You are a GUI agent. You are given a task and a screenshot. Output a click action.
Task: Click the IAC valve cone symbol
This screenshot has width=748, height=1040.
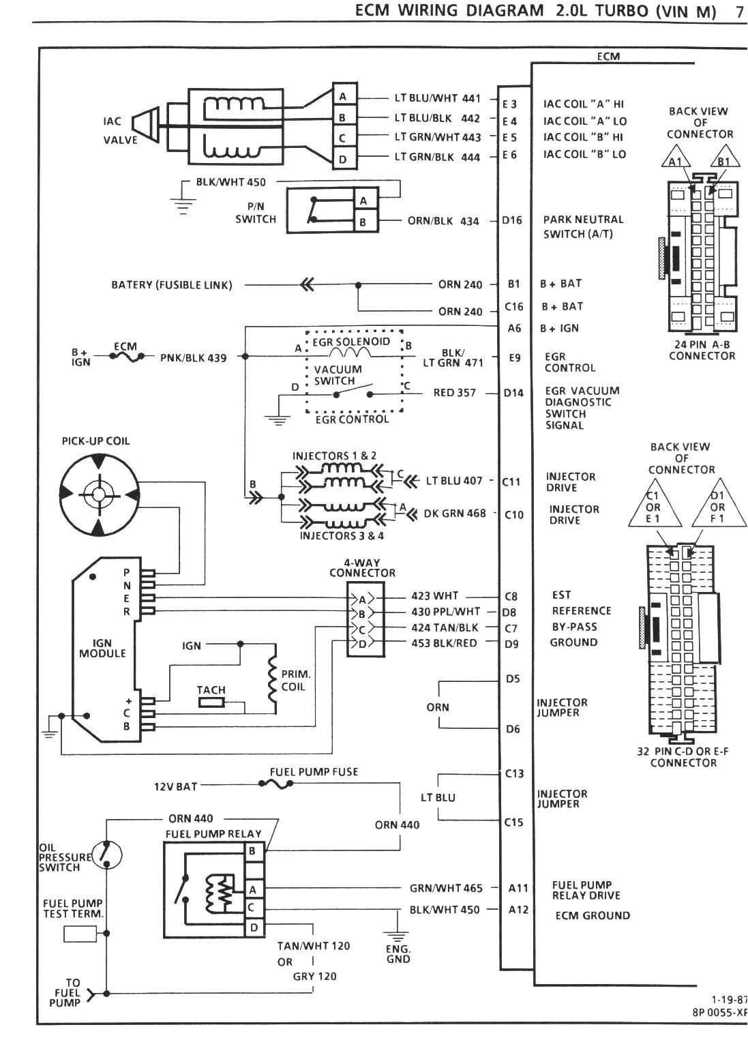point(145,128)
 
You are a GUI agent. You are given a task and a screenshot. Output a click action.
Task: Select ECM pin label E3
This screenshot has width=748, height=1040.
point(509,104)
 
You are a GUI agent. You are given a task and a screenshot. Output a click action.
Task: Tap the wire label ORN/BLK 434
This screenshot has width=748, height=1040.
point(443,221)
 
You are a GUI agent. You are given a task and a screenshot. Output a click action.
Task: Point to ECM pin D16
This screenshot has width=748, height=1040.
point(511,220)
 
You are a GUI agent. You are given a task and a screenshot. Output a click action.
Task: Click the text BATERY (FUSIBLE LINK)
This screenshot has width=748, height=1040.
point(172,284)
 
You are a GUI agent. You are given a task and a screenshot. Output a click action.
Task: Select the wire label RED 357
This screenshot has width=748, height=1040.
point(455,393)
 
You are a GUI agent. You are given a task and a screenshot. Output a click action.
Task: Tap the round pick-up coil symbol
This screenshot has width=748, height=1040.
point(100,493)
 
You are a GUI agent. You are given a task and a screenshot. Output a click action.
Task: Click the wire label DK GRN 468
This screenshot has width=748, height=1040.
point(455,514)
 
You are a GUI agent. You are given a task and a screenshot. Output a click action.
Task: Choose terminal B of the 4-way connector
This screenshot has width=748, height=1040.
point(362,614)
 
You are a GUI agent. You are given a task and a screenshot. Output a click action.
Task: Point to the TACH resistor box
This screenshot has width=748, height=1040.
point(211,702)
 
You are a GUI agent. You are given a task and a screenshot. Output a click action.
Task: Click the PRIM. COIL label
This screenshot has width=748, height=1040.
point(296,680)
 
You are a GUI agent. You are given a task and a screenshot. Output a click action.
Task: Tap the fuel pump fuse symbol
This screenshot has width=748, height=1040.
point(276,785)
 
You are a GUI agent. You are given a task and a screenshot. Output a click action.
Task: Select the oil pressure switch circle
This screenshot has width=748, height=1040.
point(107,853)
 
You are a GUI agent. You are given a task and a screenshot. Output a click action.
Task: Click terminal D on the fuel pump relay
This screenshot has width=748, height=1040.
point(254,927)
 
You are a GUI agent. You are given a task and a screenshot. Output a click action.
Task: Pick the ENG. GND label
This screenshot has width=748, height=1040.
point(398,953)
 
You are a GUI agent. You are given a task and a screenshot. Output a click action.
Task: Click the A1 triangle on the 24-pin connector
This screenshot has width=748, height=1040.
point(675,162)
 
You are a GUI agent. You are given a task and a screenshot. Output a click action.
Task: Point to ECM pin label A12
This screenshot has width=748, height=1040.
point(518,909)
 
